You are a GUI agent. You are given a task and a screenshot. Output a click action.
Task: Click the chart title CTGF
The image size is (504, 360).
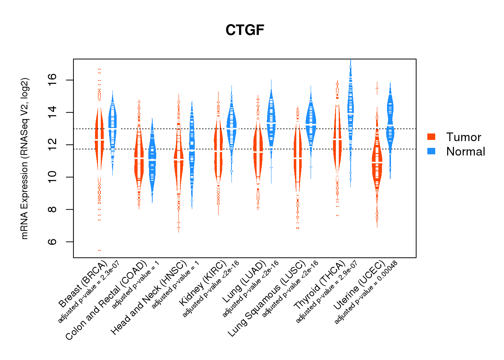(245, 30)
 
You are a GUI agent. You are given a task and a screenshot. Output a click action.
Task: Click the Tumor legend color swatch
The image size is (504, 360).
(431, 137)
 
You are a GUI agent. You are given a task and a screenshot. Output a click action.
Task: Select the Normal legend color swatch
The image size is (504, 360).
(431, 151)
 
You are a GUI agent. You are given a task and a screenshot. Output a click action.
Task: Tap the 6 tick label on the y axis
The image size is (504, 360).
(52, 242)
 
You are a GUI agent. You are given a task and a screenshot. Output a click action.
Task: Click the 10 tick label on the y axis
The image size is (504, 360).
(52, 177)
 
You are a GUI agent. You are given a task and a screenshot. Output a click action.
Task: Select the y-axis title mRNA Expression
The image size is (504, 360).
(24, 158)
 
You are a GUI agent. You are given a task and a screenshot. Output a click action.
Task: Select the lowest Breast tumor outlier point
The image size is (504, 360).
(99, 250)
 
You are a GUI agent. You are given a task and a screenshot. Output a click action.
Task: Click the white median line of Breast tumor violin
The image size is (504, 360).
(99, 139)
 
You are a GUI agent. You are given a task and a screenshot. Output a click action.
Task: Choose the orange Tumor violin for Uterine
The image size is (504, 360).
(377, 162)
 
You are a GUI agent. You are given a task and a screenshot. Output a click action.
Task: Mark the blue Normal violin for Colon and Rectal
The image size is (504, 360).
(152, 158)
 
